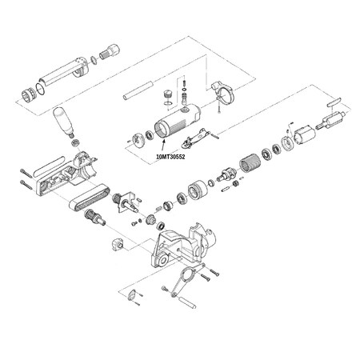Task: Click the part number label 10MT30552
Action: [x=170, y=157]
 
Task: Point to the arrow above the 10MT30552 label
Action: [x=163, y=146]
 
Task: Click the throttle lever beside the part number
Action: [x=196, y=138]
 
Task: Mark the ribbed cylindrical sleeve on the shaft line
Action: [x=250, y=163]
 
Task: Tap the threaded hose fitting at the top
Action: [x=110, y=51]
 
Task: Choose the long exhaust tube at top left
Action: [x=64, y=71]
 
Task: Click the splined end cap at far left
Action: [x=28, y=95]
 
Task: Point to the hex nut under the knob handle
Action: [x=75, y=142]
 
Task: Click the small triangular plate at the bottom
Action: [x=131, y=295]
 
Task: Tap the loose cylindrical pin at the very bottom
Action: [x=187, y=302]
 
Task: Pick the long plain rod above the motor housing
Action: [x=138, y=90]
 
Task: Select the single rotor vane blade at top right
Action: [x=334, y=102]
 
